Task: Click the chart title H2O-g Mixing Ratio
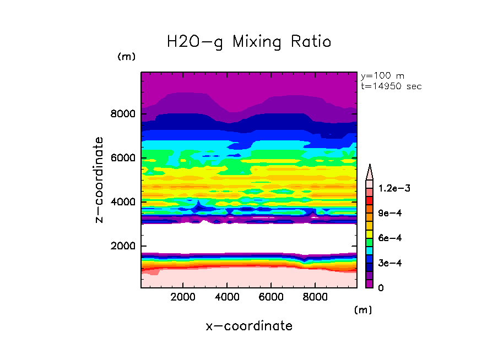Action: point(249,41)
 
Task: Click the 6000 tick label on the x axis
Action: point(272,297)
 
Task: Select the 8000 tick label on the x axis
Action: point(315,297)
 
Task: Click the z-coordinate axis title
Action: point(99,180)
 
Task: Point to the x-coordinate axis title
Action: point(249,326)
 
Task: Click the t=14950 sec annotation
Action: point(391,86)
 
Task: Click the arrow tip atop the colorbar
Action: point(370,166)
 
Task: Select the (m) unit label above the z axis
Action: point(126,57)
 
